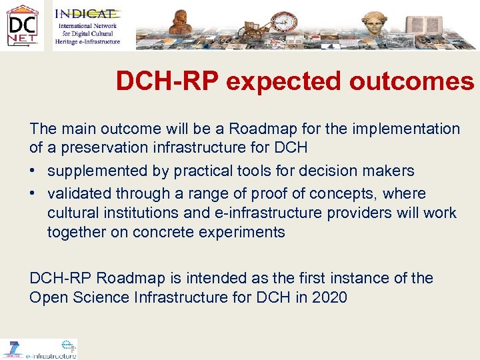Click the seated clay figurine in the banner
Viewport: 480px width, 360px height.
pyautogui.click(x=180, y=22)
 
